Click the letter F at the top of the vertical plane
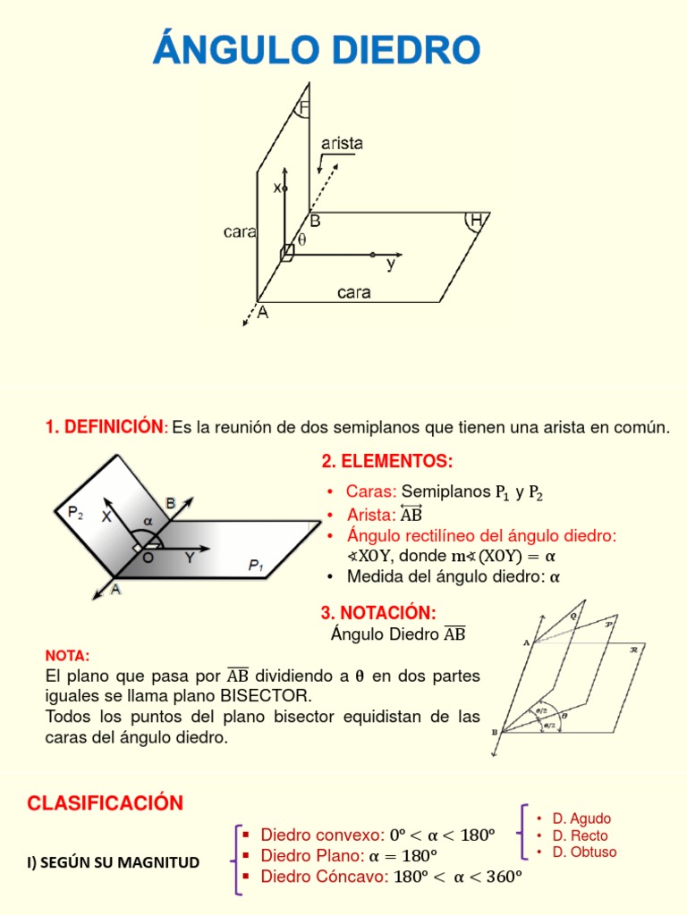(303, 108)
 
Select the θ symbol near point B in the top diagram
(301, 239)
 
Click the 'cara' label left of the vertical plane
(240, 231)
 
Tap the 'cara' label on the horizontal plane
(354, 292)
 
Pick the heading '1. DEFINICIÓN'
(104, 427)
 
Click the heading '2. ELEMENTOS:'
(386, 461)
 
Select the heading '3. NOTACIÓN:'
(378, 612)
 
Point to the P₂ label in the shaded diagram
(75, 512)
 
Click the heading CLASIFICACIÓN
(105, 802)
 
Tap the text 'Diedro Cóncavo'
(324, 877)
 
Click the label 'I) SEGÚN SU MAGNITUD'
(113, 862)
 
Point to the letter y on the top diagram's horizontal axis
(390, 264)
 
